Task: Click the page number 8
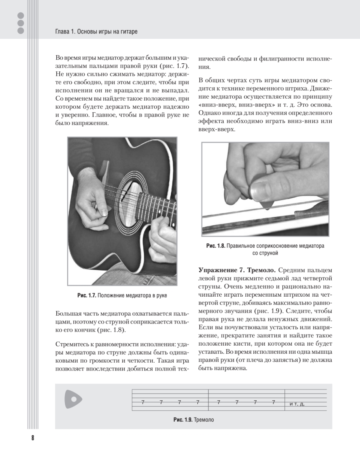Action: (x=32, y=438)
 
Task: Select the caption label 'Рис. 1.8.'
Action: (x=216, y=246)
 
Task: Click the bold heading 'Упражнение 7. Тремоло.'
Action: (x=238, y=270)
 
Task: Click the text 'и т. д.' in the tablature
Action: (x=297, y=404)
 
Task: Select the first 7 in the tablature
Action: (x=143, y=402)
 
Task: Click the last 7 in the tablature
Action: (x=274, y=402)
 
